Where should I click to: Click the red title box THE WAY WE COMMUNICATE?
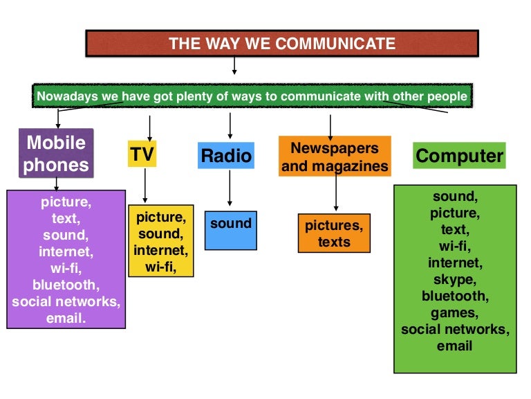coord(282,44)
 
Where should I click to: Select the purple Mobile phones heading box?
coord(56,154)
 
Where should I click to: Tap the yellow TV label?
coord(142,154)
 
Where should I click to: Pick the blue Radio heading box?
coord(225,156)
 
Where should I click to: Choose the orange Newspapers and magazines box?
coord(335,157)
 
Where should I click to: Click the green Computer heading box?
coord(460,155)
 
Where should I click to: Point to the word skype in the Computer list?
coord(454,279)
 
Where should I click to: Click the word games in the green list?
coord(454,312)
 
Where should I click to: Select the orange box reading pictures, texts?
coord(334,233)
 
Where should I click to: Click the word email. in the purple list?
coord(66,319)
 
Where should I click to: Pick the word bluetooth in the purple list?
coord(66,285)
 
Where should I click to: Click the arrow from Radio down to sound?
coord(230,189)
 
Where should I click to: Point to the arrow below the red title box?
coord(234,66)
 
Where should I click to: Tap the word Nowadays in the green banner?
coord(67,96)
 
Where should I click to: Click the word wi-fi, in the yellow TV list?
coord(160,267)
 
